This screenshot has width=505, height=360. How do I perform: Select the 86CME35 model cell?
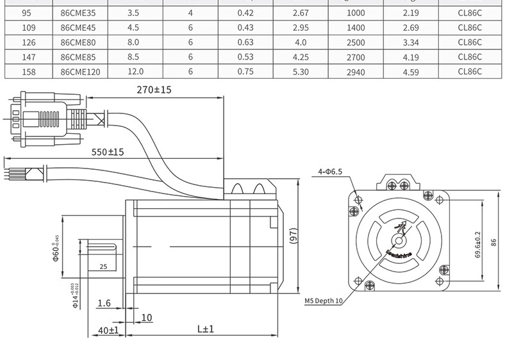78,13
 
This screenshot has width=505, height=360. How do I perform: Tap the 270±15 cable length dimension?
154,90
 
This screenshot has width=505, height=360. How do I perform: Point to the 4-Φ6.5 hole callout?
331,172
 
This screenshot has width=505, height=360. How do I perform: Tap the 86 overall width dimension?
493,243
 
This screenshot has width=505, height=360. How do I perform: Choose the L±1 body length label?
205,329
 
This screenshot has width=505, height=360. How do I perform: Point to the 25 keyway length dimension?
103,266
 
